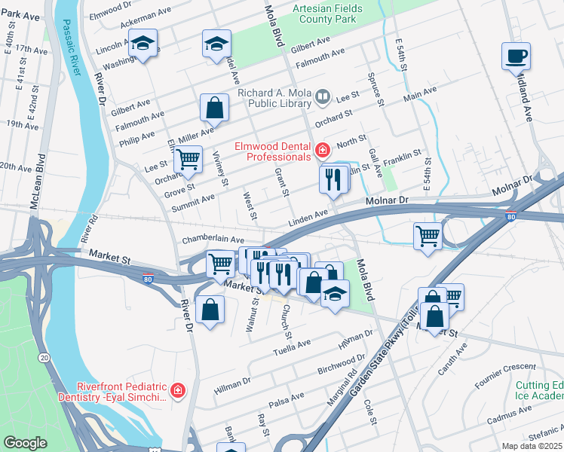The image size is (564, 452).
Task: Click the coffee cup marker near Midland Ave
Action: [x=516, y=56]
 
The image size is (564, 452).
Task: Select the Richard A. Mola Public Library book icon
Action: [x=322, y=96]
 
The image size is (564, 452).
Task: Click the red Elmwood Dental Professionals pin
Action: [x=322, y=150]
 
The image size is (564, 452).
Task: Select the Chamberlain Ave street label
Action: [x=213, y=240]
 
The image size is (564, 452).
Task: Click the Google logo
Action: [x=25, y=443]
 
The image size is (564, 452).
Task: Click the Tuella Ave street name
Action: [x=292, y=345]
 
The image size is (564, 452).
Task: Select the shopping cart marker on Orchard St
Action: [x=188, y=160]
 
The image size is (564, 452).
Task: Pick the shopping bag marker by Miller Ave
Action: [x=215, y=108]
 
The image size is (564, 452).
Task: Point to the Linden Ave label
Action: [x=308, y=217]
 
